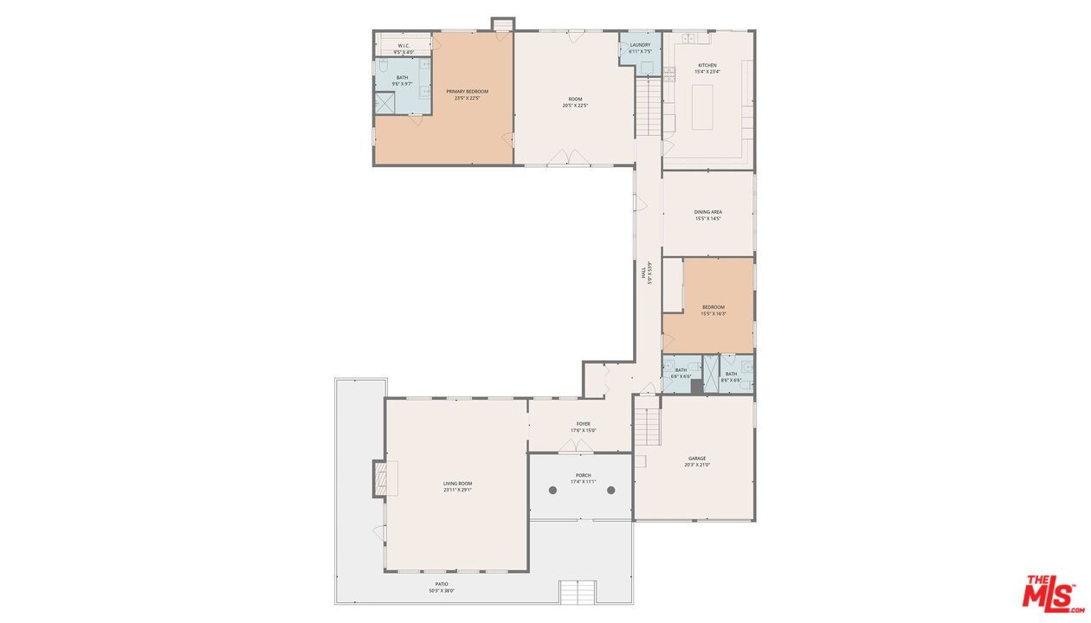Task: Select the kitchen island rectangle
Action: pos(702,106)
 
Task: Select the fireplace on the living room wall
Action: pos(382,478)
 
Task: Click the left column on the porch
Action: pos(552,491)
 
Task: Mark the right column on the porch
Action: pos(610,491)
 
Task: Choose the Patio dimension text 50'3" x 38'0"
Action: pos(442,591)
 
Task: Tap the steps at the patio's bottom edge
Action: pos(578,593)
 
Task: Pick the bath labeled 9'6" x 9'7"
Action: pos(403,80)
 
